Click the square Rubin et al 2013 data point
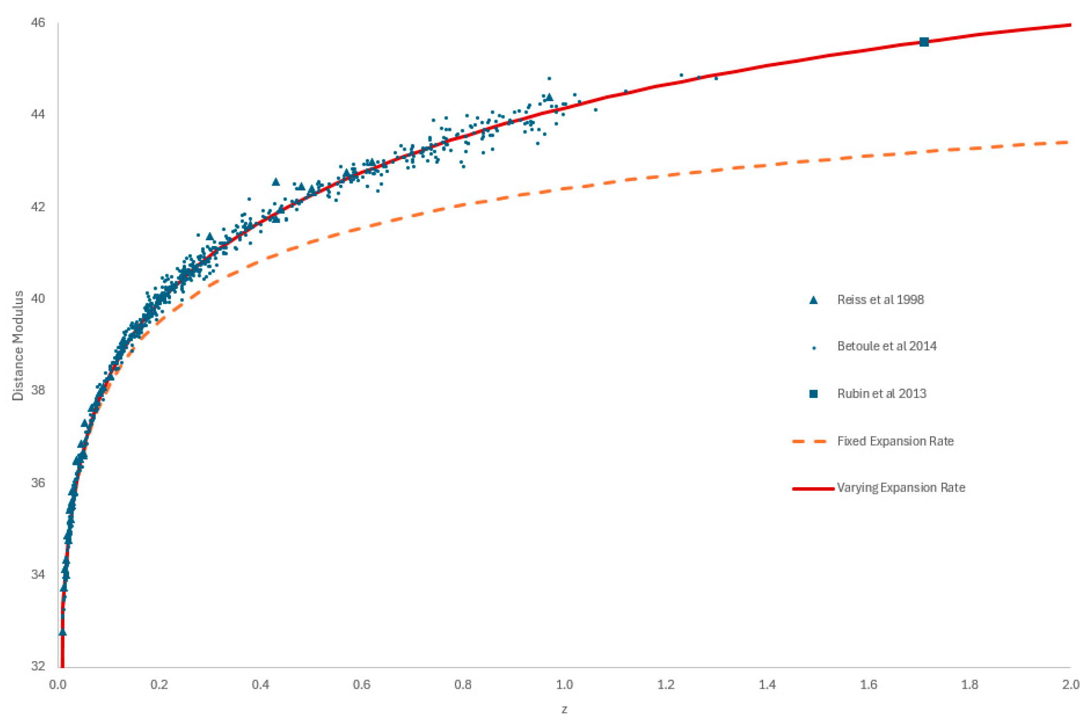923,42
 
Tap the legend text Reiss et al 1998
880,300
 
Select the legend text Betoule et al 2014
887,346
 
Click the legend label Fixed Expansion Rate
895,441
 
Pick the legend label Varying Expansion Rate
901,488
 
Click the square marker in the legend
813,394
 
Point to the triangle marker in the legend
813,300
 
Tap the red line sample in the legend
813,489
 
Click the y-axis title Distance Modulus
18,346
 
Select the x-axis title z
564,710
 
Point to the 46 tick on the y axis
38,23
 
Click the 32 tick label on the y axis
38,666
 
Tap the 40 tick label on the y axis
38,298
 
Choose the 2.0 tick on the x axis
1070,685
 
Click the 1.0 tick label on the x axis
564,685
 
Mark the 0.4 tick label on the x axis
260,685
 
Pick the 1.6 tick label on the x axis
868,685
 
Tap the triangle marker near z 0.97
549,97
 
